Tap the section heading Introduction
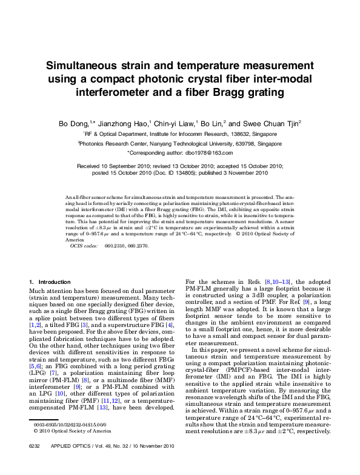coord(55,282)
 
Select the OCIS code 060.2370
coord(139,247)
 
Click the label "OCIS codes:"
coord(84,247)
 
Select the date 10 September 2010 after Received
coord(131,166)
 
